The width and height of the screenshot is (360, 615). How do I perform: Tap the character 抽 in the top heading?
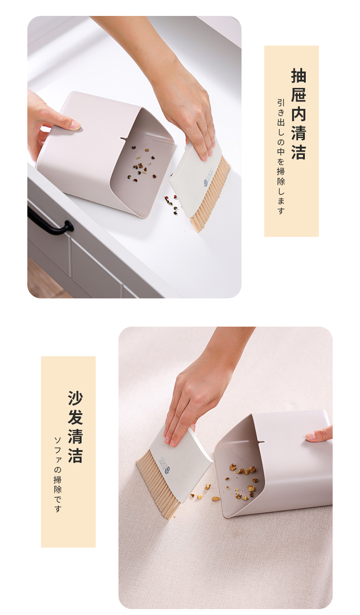coord(298,76)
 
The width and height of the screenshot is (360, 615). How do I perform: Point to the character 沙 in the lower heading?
coord(75,398)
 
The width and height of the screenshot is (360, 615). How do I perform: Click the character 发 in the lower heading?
coord(75,417)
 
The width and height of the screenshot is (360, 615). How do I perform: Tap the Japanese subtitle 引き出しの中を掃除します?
coord(281,157)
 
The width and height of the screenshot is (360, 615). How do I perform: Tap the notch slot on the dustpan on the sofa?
coord(261,442)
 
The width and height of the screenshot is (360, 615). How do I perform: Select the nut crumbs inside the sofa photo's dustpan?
coord(242,479)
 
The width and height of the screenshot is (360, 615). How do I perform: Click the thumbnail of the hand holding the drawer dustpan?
coord(75,126)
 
